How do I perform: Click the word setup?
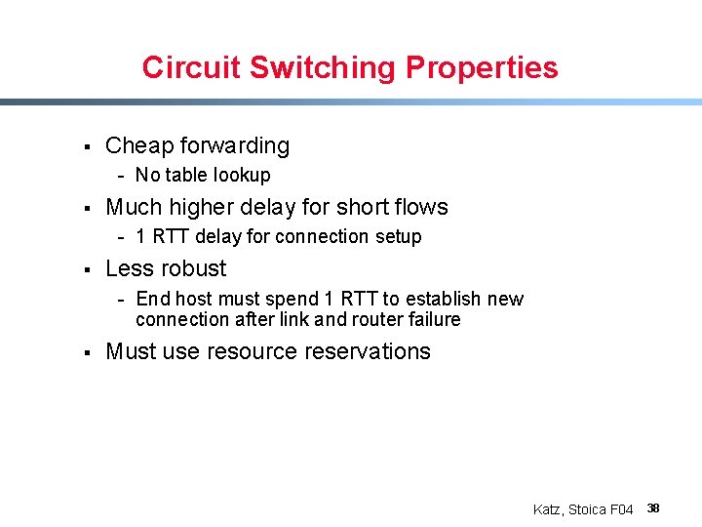399,237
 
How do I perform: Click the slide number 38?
653,508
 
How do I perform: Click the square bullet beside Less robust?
87,269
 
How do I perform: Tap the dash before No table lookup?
121,177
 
